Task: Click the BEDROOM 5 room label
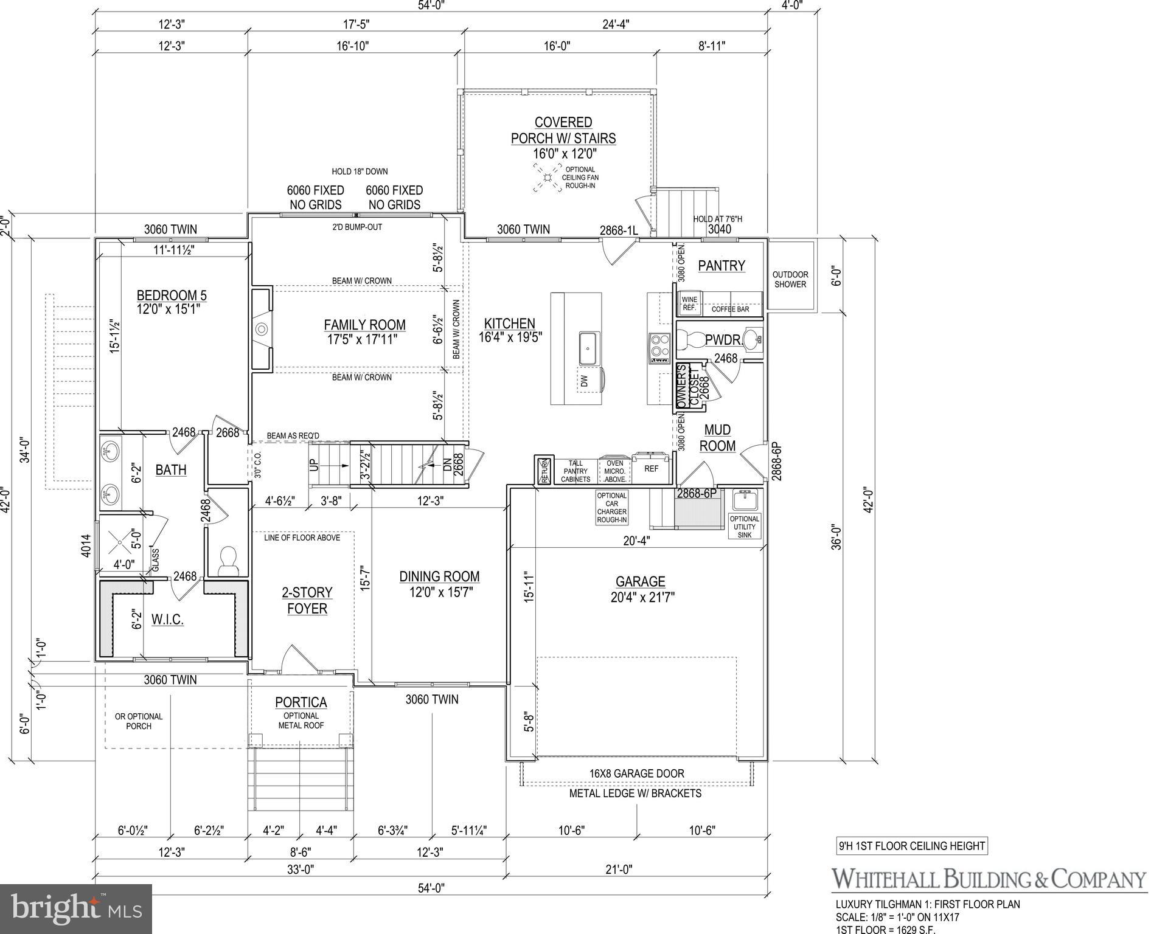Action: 172,296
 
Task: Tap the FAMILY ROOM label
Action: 364,325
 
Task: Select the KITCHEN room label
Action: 509,324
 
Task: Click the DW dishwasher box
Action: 585,381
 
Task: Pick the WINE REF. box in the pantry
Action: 689,303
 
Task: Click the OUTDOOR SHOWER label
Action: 790,280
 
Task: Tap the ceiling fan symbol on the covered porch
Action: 547,178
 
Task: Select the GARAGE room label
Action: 640,582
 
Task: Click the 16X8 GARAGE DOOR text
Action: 636,773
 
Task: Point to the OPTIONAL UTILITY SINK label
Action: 745,527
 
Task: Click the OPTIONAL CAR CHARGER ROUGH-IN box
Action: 611,508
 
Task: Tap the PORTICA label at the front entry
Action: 301,702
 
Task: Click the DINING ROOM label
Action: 439,576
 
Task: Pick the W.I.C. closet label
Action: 167,620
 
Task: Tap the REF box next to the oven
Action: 651,469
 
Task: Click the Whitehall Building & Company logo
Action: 988,879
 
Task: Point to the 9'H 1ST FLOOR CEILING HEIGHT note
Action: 911,846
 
